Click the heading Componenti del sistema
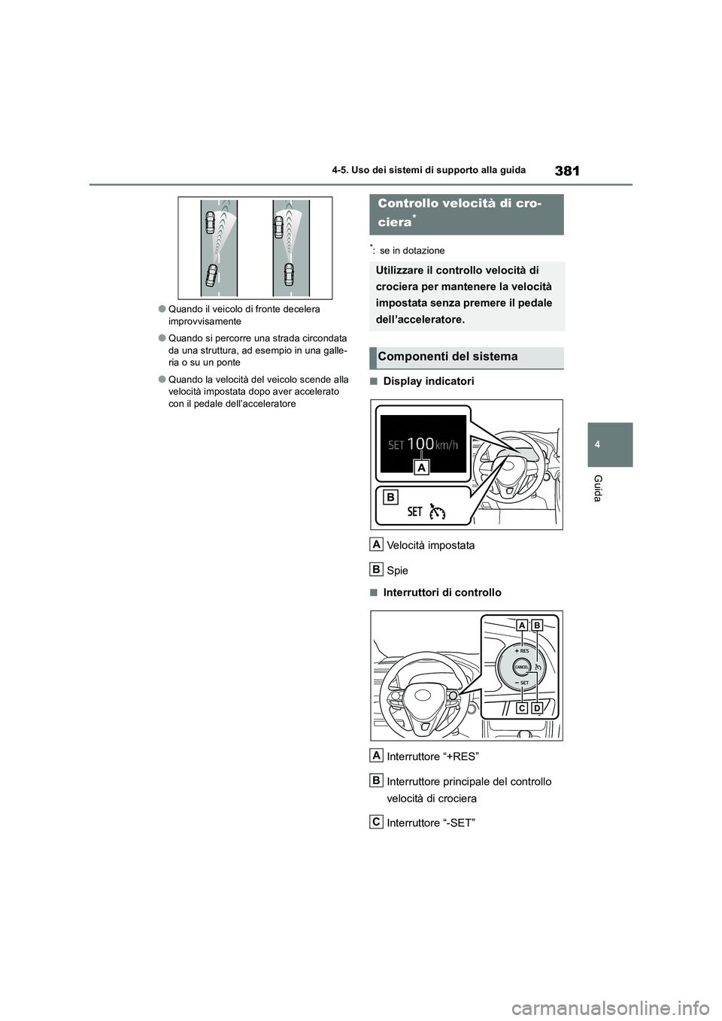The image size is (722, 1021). pyautogui.click(x=447, y=356)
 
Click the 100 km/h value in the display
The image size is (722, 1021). pyautogui.click(x=423, y=444)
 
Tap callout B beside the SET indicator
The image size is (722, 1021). pyautogui.click(x=390, y=496)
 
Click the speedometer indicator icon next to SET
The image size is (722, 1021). pyautogui.click(x=436, y=512)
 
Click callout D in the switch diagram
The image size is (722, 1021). pyautogui.click(x=536, y=708)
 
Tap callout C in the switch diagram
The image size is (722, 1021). pyautogui.click(x=521, y=708)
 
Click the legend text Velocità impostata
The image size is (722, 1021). pyautogui.click(x=430, y=545)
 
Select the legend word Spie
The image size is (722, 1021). pyautogui.click(x=397, y=571)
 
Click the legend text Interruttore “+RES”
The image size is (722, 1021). pyautogui.click(x=432, y=756)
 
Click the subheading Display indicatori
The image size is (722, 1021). pyautogui.click(x=428, y=381)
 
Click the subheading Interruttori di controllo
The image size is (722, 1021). pyautogui.click(x=441, y=592)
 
